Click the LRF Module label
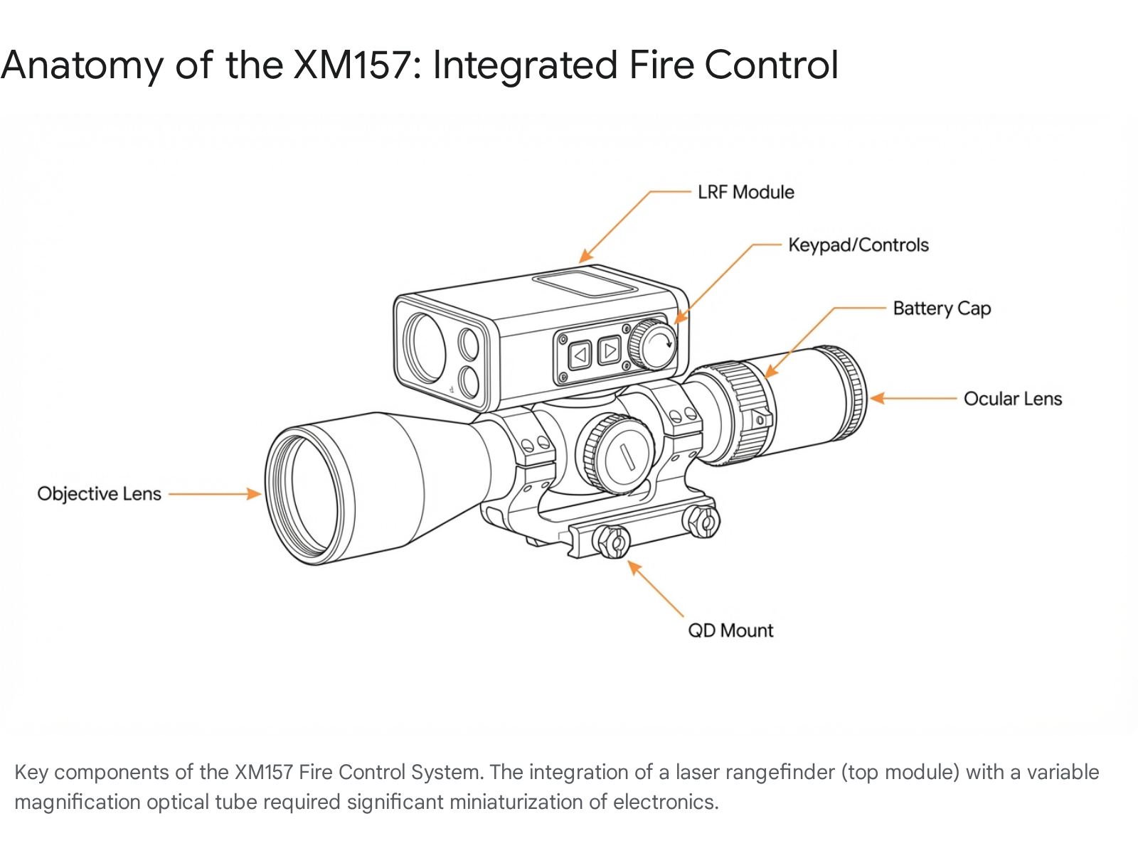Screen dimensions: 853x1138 click(x=745, y=192)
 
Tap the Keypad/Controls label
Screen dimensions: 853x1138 click(x=858, y=245)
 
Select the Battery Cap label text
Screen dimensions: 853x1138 click(x=941, y=309)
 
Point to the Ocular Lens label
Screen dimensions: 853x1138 click(x=1012, y=399)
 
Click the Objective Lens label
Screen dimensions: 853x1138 click(x=99, y=494)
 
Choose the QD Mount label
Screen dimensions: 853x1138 click(x=730, y=631)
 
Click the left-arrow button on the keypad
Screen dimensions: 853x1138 click(x=580, y=354)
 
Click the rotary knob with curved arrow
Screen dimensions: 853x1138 click(x=656, y=345)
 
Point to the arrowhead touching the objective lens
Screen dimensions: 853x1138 click(x=254, y=494)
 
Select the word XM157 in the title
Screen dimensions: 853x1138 click(x=352, y=65)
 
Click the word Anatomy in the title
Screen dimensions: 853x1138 click(x=82, y=65)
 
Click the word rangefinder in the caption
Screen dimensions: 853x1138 click(x=779, y=772)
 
